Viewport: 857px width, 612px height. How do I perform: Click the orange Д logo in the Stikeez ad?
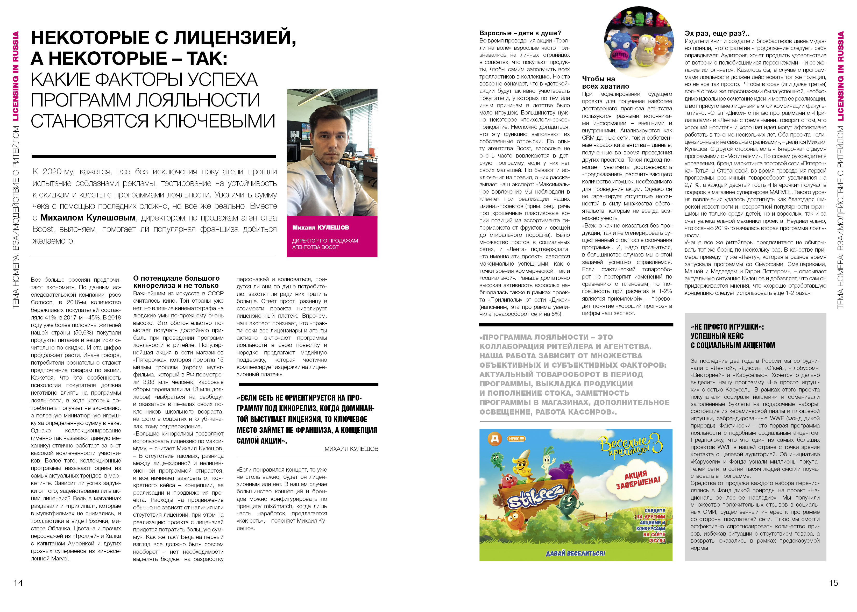[494, 439]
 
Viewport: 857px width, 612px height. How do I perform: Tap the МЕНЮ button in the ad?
[516, 439]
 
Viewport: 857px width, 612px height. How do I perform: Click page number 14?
[18, 583]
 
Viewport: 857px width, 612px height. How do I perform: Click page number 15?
[833, 583]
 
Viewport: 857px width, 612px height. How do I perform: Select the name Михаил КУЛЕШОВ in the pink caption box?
[320, 227]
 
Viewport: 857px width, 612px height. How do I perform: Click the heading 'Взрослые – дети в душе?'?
[520, 33]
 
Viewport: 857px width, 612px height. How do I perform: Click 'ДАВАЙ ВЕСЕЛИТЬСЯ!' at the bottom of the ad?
[576, 553]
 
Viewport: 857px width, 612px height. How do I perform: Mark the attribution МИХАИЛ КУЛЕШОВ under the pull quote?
[351, 449]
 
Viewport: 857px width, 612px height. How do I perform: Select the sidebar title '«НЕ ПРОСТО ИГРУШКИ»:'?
[727, 327]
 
